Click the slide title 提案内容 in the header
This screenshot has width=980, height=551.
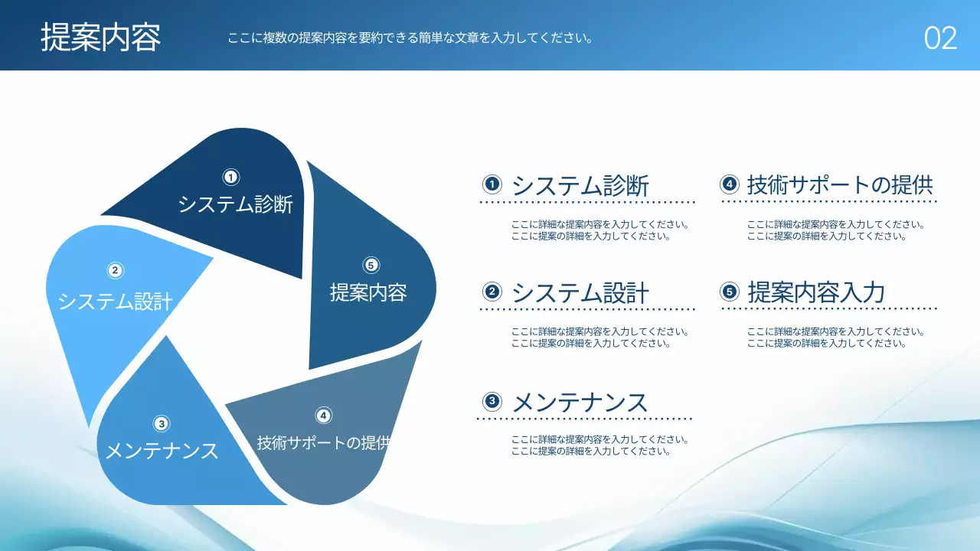(101, 37)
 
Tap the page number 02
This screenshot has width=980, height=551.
(940, 38)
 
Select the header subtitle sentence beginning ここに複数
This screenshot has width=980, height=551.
(410, 37)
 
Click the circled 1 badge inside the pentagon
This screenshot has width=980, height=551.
(231, 178)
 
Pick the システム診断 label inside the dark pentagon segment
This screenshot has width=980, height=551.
(236, 205)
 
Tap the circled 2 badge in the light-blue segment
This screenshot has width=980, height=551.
(115, 270)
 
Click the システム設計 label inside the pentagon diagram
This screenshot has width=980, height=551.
(116, 302)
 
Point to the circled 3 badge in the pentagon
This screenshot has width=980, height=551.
(161, 423)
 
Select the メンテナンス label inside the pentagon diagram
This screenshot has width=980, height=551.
(162, 452)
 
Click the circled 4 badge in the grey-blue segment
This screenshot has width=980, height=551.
(324, 416)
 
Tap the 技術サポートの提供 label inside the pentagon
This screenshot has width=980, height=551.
(324, 443)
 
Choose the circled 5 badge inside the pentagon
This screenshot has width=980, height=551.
(371, 265)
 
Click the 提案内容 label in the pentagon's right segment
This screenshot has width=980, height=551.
(368, 292)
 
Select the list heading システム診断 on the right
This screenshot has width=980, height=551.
(580, 185)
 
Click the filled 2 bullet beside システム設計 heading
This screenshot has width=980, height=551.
(492, 292)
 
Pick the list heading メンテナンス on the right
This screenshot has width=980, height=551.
(580, 403)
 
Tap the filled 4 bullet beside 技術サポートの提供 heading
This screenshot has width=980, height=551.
(729, 184)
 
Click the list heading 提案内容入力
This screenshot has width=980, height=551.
(816, 292)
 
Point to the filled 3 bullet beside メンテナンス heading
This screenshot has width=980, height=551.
(492, 401)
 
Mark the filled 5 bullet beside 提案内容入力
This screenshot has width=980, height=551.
(729, 292)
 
